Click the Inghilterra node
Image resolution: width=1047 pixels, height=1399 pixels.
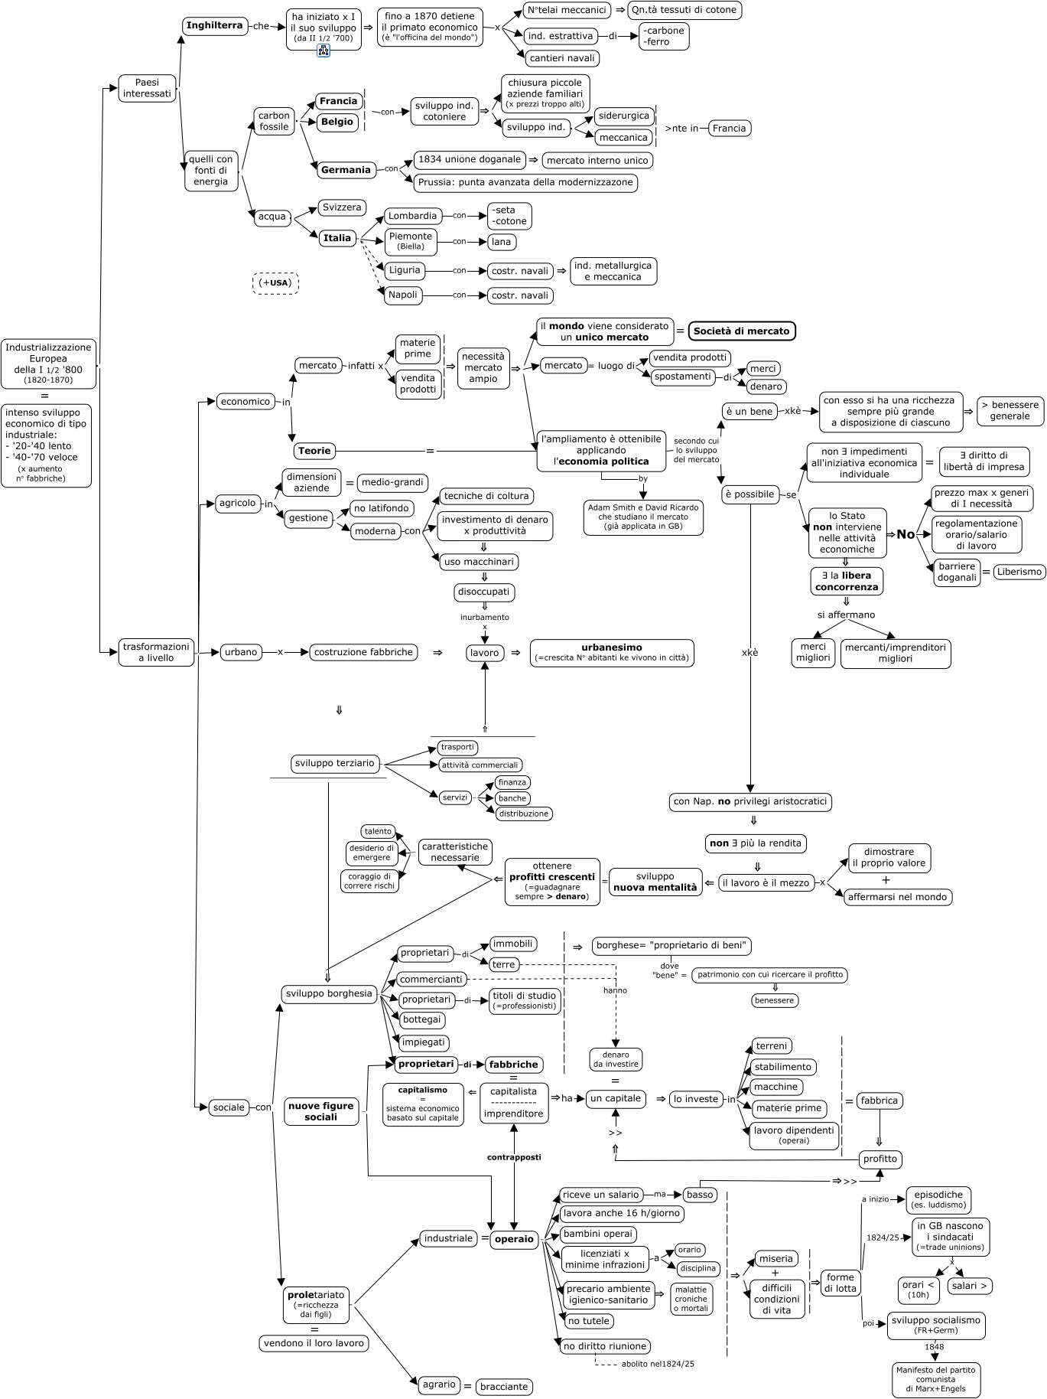[x=215, y=26]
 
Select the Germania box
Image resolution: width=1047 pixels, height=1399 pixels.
[x=346, y=170]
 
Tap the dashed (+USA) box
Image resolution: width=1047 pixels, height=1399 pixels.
[x=275, y=283]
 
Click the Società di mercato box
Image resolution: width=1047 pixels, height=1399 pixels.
[x=742, y=331]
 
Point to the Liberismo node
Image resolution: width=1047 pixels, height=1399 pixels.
[x=1019, y=572]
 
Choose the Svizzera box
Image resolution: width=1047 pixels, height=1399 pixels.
[x=342, y=208]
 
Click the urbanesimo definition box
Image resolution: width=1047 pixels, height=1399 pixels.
[x=612, y=653]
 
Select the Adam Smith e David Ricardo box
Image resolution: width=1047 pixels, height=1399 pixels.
[x=643, y=517]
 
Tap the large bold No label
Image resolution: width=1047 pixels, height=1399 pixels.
[x=906, y=534]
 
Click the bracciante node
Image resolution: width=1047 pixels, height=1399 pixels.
[x=503, y=1387]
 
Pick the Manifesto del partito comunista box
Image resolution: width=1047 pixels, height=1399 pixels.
[x=935, y=1379]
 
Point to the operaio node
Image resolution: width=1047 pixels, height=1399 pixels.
[x=515, y=1239]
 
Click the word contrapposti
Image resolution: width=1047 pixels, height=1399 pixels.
[x=514, y=1157]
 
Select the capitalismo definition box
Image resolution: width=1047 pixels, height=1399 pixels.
[x=423, y=1104]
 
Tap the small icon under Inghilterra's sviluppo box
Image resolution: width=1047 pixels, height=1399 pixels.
[x=324, y=51]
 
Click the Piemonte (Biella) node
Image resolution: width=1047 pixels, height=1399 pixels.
[x=411, y=241]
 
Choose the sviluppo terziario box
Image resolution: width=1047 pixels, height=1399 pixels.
[x=334, y=763]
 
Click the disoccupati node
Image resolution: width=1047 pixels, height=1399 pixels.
[x=484, y=592]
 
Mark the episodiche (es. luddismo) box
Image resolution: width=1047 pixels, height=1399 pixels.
[x=938, y=1199]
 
